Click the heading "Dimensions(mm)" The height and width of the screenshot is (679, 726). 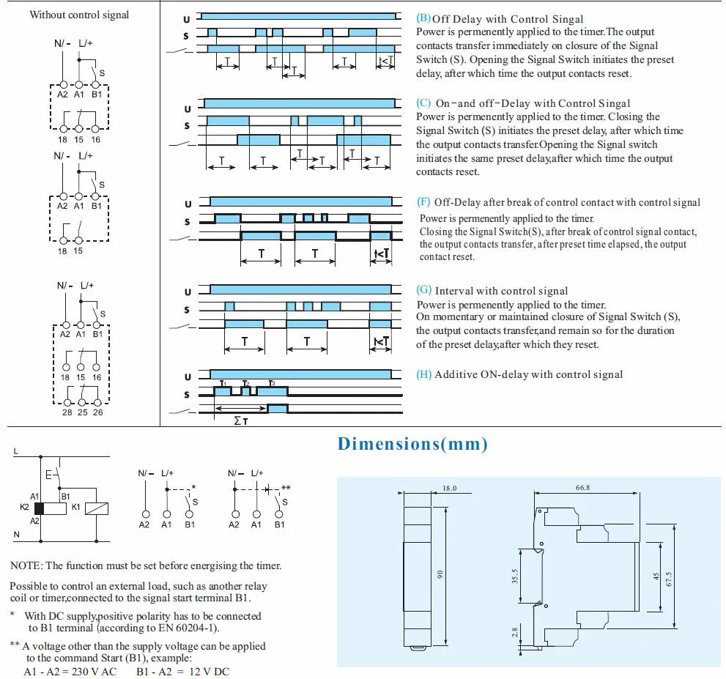coord(412,443)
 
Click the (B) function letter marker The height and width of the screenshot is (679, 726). coord(423,18)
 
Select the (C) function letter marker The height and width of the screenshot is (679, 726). coord(423,103)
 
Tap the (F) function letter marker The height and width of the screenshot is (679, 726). coord(423,201)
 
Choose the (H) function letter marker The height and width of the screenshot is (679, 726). coord(424,374)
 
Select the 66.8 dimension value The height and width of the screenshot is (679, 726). coord(582,487)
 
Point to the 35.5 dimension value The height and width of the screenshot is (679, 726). coord(516,576)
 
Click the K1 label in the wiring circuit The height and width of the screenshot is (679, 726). coord(75,507)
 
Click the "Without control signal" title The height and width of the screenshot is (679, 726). coord(79,15)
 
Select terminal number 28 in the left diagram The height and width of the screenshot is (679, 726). coord(67,412)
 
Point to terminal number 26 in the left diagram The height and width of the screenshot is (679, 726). coord(98,412)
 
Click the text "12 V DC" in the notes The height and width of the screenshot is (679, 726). coord(210,672)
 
